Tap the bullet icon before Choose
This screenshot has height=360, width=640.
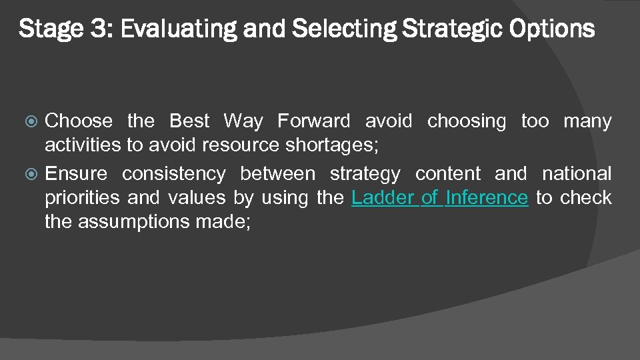[x=35, y=121]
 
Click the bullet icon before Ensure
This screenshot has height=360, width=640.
[x=35, y=174]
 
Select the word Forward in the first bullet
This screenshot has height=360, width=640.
[x=313, y=121]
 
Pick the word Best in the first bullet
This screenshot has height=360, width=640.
[x=190, y=121]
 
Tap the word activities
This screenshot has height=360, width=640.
[x=83, y=145]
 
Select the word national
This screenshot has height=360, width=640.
[x=577, y=174]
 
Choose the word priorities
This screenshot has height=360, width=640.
[x=83, y=197]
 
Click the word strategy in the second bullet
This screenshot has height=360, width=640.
[x=365, y=174]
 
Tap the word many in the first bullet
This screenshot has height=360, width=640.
[x=587, y=121]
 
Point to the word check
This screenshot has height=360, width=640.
[x=586, y=197]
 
